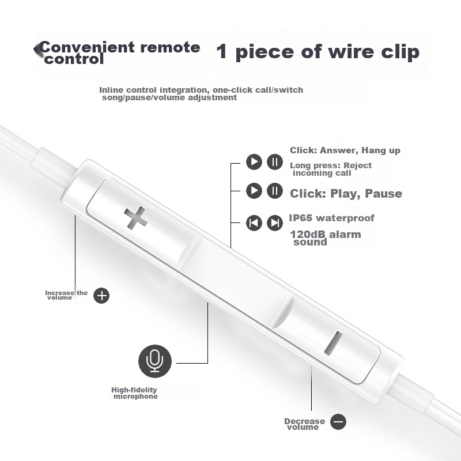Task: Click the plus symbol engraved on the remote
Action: pos(135,218)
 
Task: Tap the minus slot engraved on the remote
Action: pos(334,342)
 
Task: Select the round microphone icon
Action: pos(155,361)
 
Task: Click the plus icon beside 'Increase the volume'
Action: pos(101,296)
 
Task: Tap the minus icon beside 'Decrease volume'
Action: pos(338,422)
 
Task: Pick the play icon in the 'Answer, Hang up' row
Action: pos(254,162)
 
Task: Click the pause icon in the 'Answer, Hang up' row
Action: pos(275,162)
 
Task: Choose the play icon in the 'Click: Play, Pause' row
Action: pos(254,191)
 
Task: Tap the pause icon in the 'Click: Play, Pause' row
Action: pos(275,191)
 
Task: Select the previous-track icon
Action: pos(254,223)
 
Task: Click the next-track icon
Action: pos(275,223)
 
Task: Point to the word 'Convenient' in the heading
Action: pos(87,47)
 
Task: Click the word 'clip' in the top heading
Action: pos(400,52)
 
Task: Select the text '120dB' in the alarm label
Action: pos(308,235)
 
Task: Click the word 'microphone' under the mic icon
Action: pos(135,396)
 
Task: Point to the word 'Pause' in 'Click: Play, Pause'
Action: pos(383,194)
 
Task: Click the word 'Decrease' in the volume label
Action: pos(305,421)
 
